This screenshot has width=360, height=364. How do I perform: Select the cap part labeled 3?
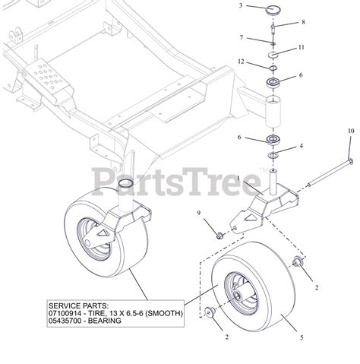(x=273, y=11)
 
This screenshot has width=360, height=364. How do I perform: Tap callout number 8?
(x=303, y=22)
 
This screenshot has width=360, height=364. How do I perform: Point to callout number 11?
(x=301, y=47)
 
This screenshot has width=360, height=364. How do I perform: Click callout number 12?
(x=242, y=62)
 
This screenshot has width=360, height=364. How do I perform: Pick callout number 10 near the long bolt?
(x=351, y=131)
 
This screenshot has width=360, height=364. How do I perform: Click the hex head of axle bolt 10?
(x=351, y=161)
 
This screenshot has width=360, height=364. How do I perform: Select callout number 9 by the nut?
(x=199, y=213)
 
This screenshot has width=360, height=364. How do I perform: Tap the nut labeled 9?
(x=219, y=236)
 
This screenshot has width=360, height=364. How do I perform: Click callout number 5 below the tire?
(x=302, y=337)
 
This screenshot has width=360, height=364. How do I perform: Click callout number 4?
(x=302, y=146)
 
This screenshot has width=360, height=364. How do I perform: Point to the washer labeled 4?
(x=273, y=154)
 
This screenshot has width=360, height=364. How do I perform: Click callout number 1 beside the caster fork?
(x=238, y=179)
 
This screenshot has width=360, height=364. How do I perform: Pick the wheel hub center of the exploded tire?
(x=238, y=296)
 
